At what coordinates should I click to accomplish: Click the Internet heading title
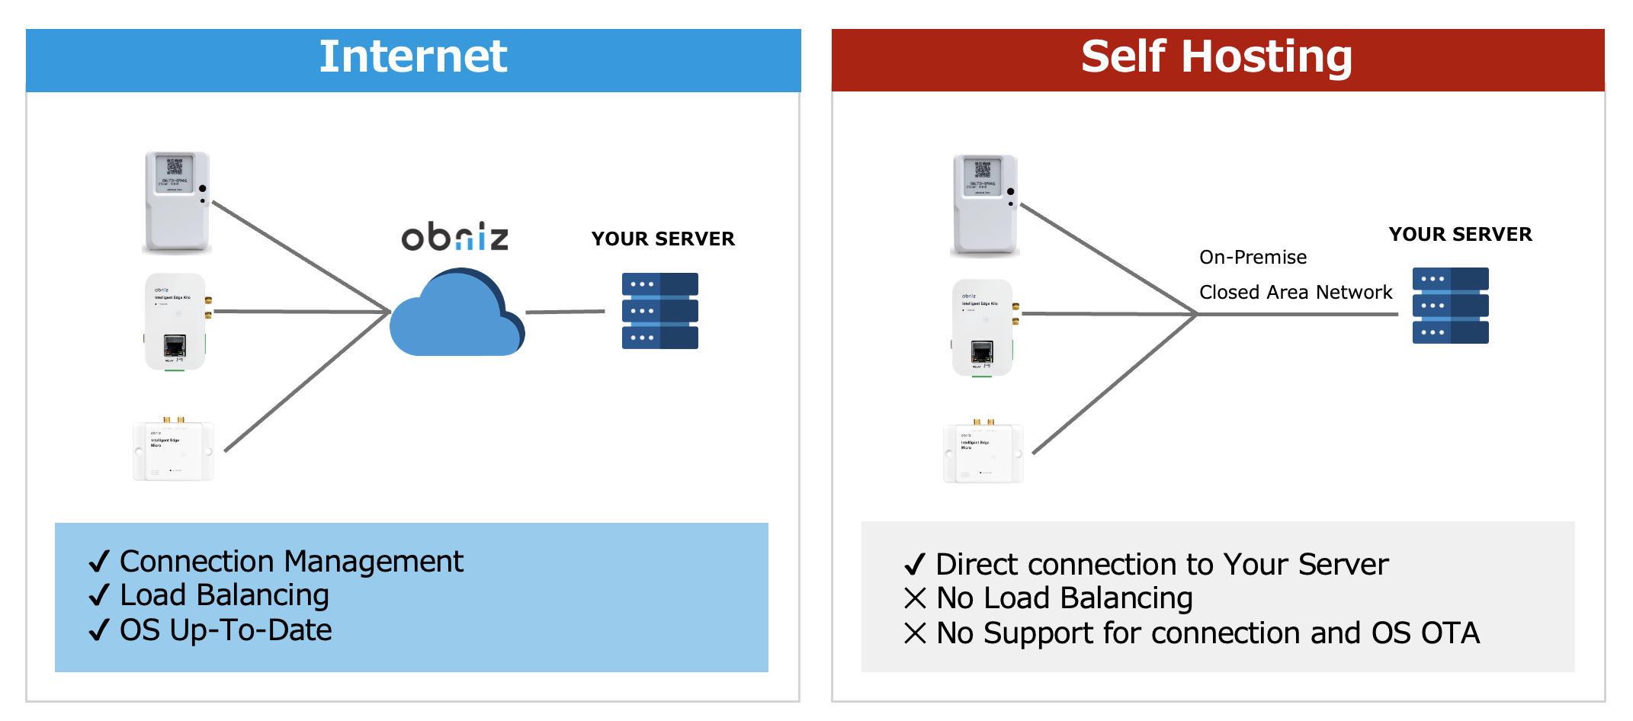click(412, 57)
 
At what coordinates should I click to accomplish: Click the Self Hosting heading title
click(1216, 57)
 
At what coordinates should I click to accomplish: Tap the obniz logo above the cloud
click(454, 237)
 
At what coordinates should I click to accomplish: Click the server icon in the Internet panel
click(659, 311)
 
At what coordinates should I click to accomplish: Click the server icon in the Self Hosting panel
click(1450, 306)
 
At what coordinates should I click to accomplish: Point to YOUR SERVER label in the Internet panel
click(663, 239)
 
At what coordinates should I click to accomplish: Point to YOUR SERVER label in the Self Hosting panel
click(1460, 235)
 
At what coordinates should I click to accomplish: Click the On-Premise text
click(1253, 258)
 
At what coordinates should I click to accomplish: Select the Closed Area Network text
click(1295, 293)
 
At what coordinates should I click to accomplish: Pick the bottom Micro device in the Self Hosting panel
click(983, 453)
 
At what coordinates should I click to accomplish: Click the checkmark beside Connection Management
click(99, 562)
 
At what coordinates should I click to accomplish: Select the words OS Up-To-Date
click(226, 630)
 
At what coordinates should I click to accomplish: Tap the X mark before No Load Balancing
click(915, 598)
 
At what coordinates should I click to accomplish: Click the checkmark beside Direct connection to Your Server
click(914, 565)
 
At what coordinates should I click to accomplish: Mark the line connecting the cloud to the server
click(565, 312)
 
